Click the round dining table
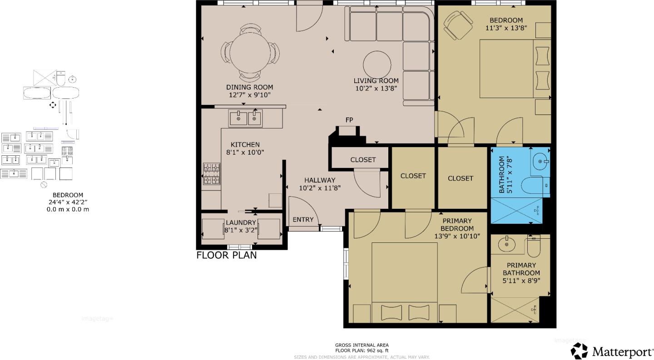[250, 52]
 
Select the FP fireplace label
[349, 120]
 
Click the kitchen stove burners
[211, 174]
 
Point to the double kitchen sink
[245, 118]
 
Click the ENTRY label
[303, 220]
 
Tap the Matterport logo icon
[579, 351]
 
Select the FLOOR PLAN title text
[226, 255]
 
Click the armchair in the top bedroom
[458, 25]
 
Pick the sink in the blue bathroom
[540, 160]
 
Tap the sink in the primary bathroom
[507, 245]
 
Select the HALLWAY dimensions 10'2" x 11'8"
[320, 188]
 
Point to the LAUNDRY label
[241, 222]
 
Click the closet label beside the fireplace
[363, 160]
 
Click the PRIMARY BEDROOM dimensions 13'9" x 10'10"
[457, 236]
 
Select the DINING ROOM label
[249, 87]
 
